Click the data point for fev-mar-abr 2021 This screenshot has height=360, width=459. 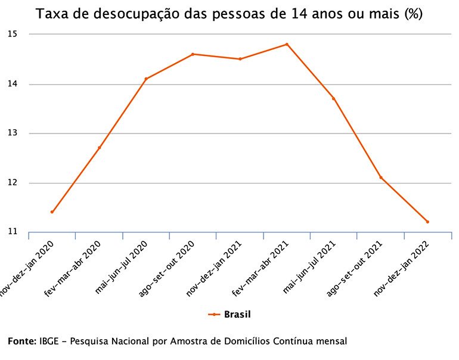tap(287, 44)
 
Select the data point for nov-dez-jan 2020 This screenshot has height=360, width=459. tap(52, 212)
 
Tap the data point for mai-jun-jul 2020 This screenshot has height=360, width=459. tap(146, 79)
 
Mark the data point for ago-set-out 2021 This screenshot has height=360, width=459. tap(381, 178)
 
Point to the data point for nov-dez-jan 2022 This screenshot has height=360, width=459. tap(427, 222)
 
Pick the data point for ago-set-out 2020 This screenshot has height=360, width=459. tap(193, 54)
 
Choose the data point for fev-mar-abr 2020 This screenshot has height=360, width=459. tap(99, 148)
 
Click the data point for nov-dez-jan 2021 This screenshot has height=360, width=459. tap(240, 59)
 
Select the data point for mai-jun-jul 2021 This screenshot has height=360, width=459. tap(334, 98)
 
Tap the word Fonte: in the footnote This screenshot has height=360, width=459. tap(21, 342)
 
